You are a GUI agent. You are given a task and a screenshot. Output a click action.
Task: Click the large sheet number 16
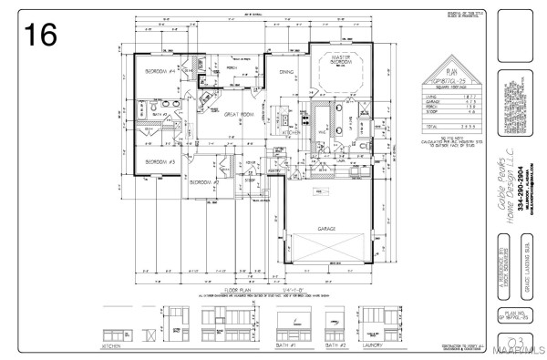tap(41, 35)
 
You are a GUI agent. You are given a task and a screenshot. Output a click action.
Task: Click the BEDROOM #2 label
tap(201, 181)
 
